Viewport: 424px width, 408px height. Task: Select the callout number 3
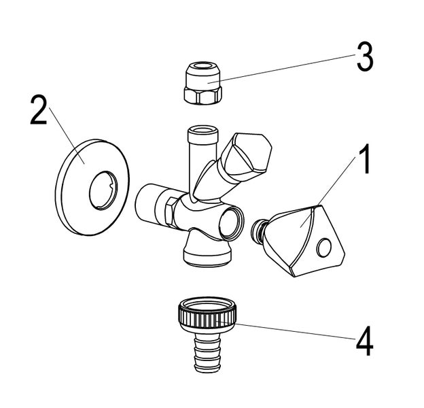[x=364, y=57]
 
